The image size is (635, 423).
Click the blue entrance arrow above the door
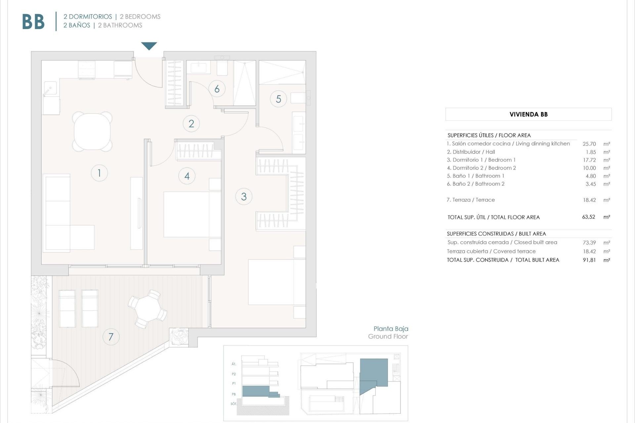click(149, 46)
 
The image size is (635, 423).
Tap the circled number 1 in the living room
click(99, 173)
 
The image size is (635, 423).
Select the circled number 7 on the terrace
click(111, 337)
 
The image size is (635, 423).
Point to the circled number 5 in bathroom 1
click(278, 99)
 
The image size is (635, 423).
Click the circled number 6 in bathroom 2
click(217, 89)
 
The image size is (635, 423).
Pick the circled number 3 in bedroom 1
click(244, 197)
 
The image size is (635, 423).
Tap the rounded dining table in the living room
click(92, 132)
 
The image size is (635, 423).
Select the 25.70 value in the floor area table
click(589, 144)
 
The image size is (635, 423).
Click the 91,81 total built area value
click(589, 260)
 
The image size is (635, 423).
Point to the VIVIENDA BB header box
click(528, 114)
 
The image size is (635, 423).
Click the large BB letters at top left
click(33, 22)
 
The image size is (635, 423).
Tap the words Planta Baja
click(391, 328)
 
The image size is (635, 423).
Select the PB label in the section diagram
click(234, 394)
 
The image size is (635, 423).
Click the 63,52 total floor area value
click(588, 217)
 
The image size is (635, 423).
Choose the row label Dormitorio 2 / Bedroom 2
click(481, 168)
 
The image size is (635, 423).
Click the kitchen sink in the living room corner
click(50, 88)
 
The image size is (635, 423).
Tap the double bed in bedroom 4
click(192, 214)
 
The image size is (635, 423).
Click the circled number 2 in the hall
click(191, 124)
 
